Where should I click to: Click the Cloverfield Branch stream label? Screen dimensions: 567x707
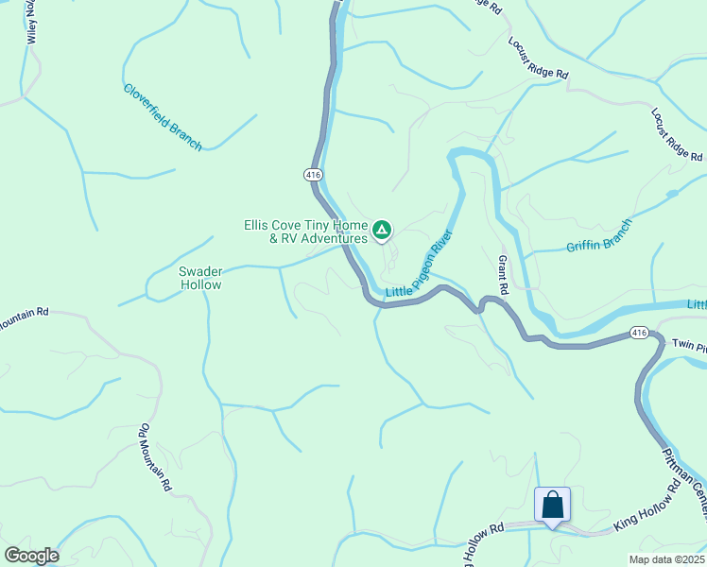(163, 117)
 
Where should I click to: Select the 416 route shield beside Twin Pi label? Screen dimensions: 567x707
(640, 333)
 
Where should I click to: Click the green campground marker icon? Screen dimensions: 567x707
(382, 229)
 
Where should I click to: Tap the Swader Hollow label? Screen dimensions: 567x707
(200, 278)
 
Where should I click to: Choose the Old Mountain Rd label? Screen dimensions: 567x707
(154, 458)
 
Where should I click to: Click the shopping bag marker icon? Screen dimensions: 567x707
(553, 504)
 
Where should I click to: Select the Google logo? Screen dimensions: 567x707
(31, 556)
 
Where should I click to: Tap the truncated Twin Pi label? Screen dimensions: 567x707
(689, 348)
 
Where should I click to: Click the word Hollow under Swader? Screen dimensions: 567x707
(200, 284)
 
